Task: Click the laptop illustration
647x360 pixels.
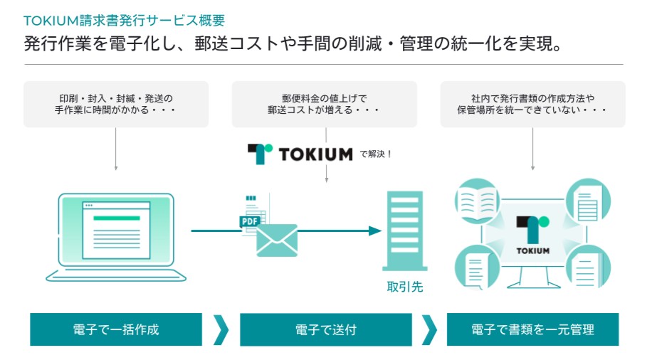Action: (116, 235)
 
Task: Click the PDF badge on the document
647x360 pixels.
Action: (249, 221)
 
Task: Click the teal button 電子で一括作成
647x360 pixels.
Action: (116, 329)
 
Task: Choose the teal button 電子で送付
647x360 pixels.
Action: (326, 329)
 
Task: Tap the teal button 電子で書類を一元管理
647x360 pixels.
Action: (532, 329)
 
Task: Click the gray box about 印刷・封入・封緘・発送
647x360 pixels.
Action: (116, 104)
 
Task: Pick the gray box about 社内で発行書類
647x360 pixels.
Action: (532, 104)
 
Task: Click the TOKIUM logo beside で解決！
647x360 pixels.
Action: (300, 153)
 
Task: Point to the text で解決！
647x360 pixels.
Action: (377, 153)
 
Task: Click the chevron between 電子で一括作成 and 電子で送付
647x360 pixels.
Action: (221, 329)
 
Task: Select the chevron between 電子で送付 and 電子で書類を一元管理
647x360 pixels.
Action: (429, 329)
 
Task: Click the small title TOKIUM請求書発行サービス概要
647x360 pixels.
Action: (124, 20)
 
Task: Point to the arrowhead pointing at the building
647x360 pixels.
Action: (375, 231)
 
